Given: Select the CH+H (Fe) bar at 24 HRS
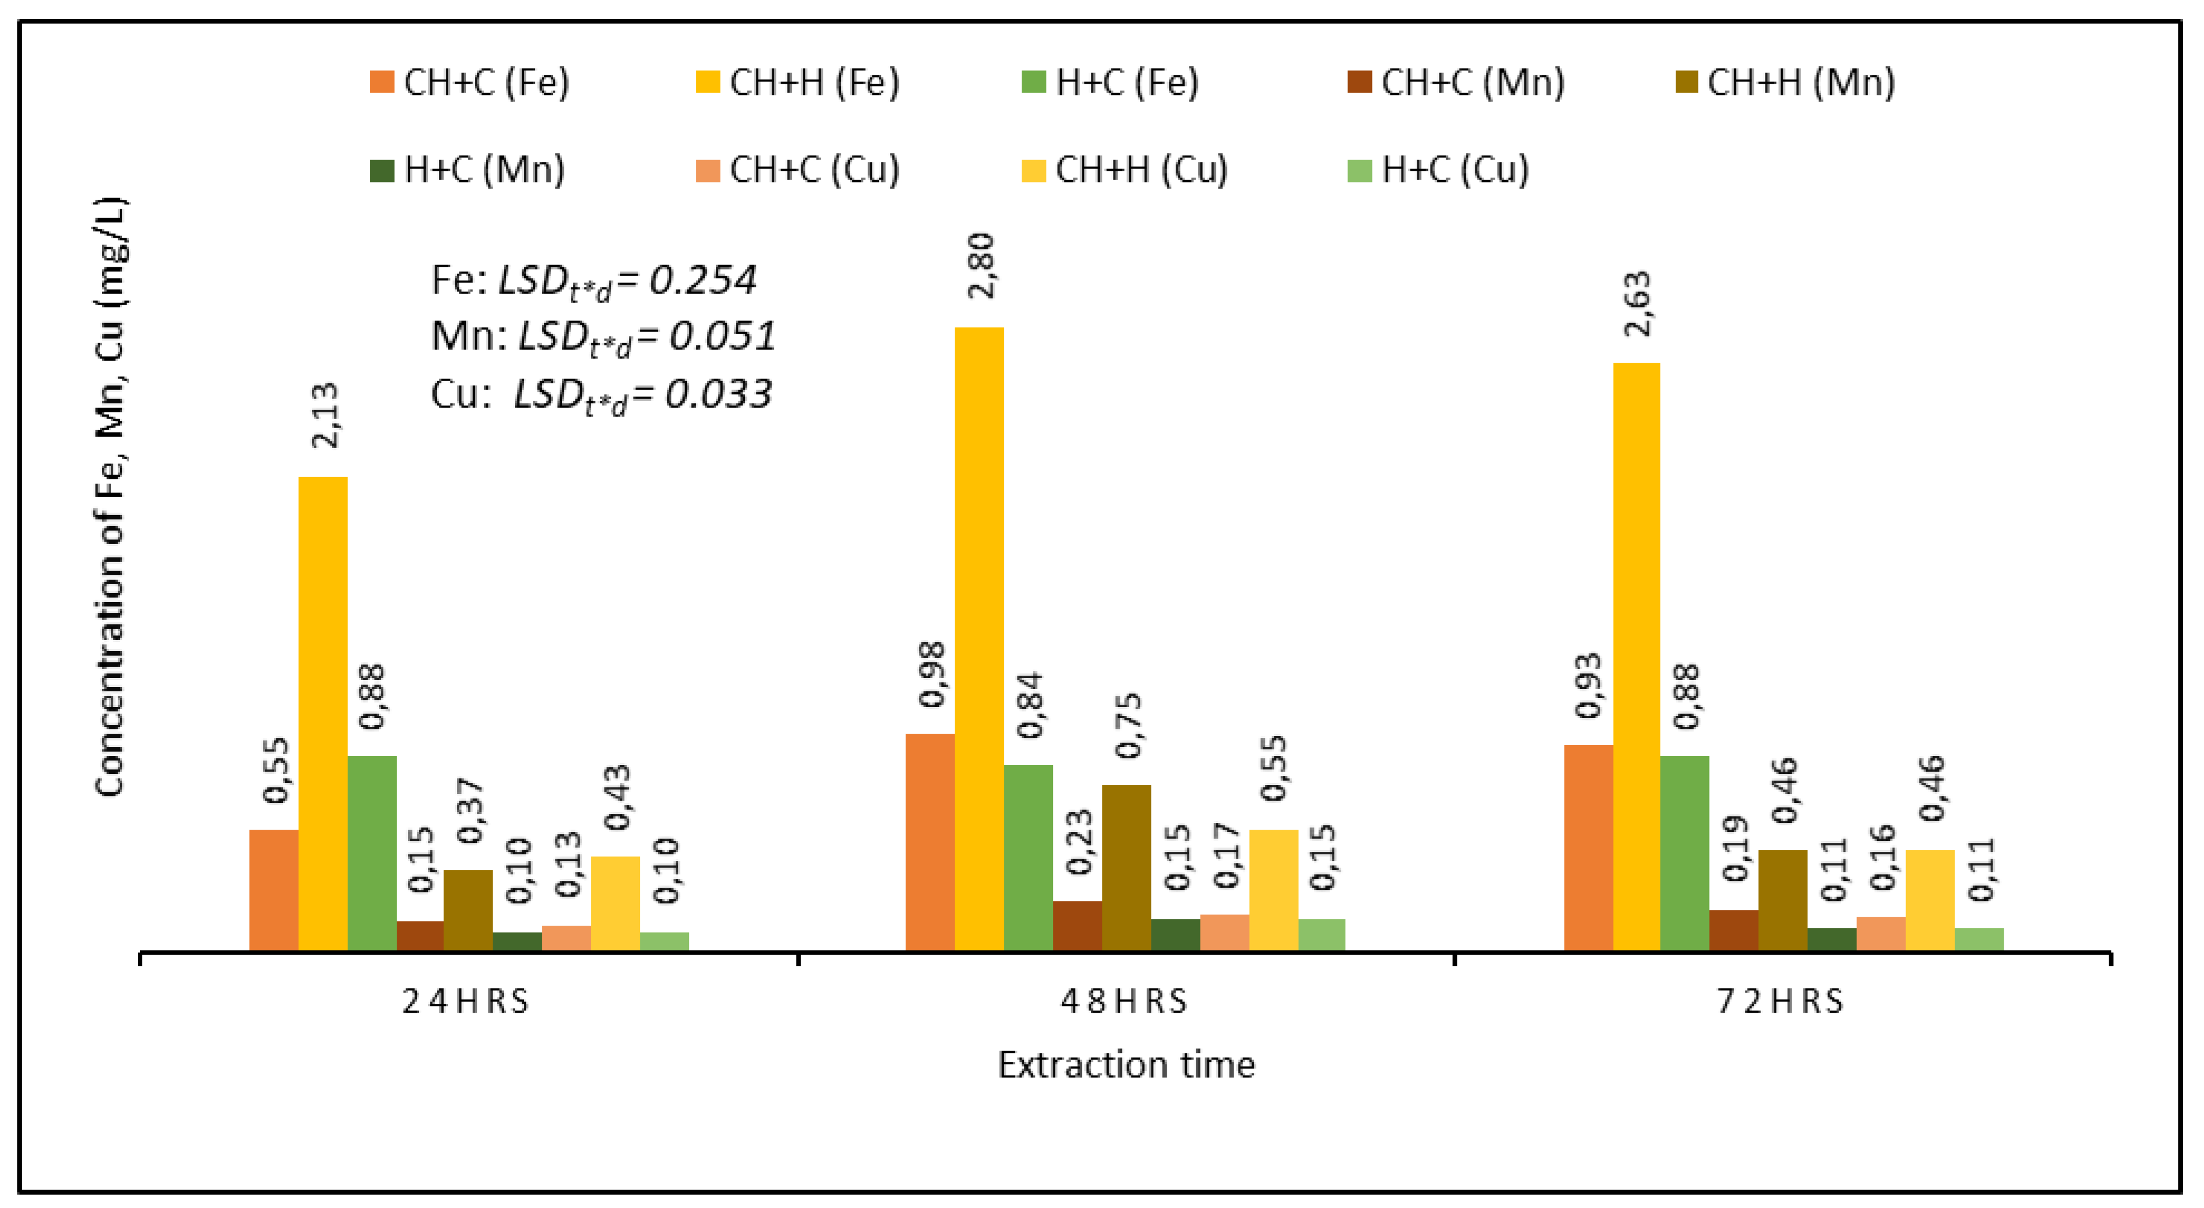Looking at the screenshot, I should point(323,714).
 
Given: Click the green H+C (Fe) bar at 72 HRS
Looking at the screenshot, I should point(1684,853).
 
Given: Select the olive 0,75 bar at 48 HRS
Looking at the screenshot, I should point(1126,868).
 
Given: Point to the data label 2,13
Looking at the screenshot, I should point(325,416).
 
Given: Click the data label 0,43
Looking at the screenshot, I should point(617,797).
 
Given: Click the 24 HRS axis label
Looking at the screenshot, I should point(466,1002).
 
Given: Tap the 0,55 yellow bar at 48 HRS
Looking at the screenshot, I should point(1273,890).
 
